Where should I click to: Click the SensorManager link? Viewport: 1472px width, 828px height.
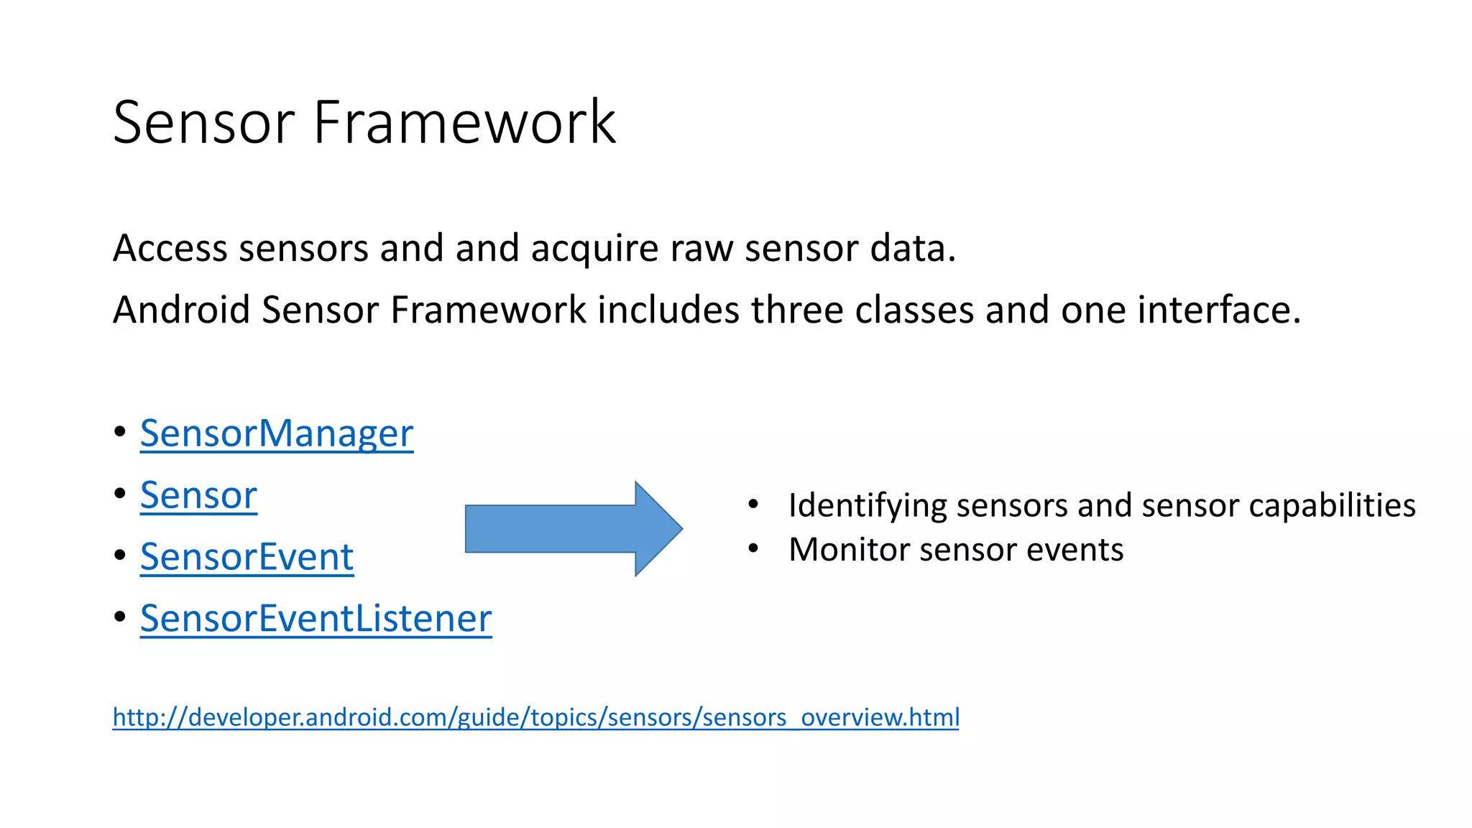coord(276,433)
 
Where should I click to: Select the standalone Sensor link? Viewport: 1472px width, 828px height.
coord(198,495)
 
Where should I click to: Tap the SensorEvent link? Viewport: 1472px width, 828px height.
coord(247,557)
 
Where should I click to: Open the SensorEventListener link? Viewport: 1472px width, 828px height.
coord(316,619)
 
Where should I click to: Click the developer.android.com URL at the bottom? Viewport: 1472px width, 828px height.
coord(535,717)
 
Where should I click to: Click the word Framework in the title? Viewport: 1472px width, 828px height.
coord(464,122)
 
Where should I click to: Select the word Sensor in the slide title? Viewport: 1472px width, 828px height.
coord(204,122)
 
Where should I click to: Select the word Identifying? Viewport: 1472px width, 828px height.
coord(868,506)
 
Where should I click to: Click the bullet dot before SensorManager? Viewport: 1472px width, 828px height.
coord(120,431)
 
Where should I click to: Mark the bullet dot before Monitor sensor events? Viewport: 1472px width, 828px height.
coord(753,549)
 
